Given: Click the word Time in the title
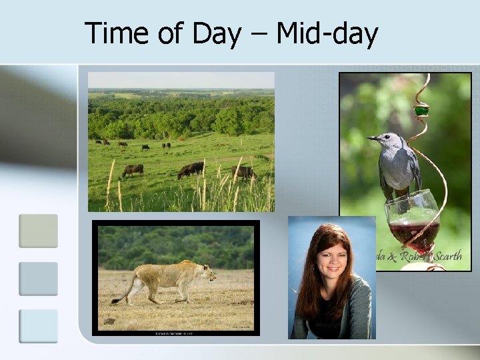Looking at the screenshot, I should coord(117,33).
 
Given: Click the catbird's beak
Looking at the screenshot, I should coord(371,138).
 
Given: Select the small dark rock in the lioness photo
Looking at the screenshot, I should coord(109,321).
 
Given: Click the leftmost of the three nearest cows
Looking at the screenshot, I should coord(133,170).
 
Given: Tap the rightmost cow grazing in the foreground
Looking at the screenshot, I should coord(243,172).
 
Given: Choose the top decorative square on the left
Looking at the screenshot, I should coord(38,231).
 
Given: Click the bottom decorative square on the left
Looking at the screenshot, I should coord(38,326).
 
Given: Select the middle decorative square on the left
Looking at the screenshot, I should coord(38,279).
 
